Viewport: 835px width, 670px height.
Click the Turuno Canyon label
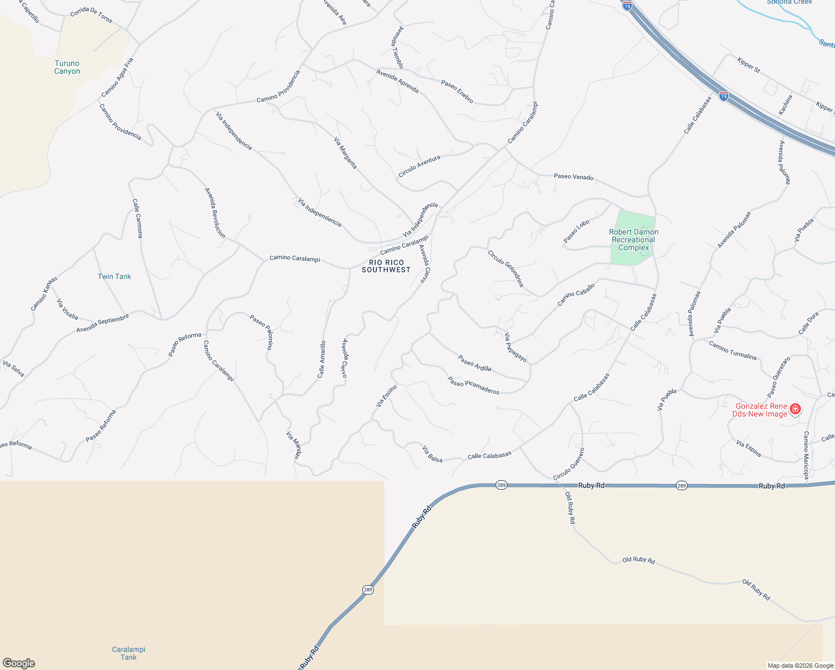point(67,68)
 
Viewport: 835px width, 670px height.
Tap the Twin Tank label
point(114,276)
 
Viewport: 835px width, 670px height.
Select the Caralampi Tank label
point(128,653)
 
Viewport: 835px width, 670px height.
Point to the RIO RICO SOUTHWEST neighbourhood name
point(386,266)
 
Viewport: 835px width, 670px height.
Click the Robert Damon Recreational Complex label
point(634,240)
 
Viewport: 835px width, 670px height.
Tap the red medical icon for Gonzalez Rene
point(795,409)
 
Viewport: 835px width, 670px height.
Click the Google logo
point(19,663)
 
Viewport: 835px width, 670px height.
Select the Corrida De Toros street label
point(92,16)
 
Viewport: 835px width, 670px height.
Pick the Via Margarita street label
point(345,153)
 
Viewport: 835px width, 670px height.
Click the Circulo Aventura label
point(419,166)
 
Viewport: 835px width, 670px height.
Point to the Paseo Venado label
point(573,177)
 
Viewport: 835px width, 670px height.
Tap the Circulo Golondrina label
point(506,269)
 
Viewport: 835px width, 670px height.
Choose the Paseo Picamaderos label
point(473,385)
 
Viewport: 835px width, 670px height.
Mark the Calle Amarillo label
point(321,360)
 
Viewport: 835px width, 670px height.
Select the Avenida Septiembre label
point(103,323)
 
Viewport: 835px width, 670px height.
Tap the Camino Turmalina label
point(733,350)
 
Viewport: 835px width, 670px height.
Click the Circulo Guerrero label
point(569,464)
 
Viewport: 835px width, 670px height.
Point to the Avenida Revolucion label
point(215,213)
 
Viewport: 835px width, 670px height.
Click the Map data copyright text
point(800,666)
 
